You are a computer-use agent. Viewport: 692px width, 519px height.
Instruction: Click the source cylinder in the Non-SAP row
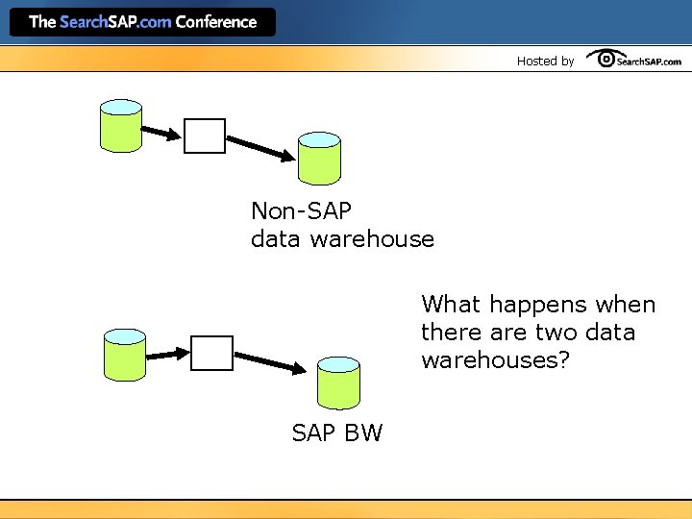[121, 125]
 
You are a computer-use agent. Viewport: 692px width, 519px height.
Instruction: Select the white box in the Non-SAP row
[205, 136]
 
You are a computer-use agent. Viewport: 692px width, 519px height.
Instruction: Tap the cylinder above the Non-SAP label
[319, 159]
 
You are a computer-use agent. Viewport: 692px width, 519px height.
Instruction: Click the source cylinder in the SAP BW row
[125, 354]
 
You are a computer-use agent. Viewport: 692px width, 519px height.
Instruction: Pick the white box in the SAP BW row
[211, 353]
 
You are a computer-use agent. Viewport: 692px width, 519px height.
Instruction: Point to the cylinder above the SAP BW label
[338, 383]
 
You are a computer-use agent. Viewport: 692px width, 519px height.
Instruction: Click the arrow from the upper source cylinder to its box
[161, 132]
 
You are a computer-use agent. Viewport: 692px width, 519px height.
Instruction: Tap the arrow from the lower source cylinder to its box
[167, 354]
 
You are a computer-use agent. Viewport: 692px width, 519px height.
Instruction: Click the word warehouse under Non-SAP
[372, 238]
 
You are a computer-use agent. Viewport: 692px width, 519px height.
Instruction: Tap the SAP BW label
[337, 433]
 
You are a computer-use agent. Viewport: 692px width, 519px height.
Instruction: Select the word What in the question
[451, 305]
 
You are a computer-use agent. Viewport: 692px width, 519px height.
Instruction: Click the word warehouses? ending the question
[490, 360]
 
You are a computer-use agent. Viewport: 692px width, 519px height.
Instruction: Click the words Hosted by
[545, 61]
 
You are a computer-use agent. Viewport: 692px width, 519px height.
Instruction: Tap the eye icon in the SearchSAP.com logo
[607, 60]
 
